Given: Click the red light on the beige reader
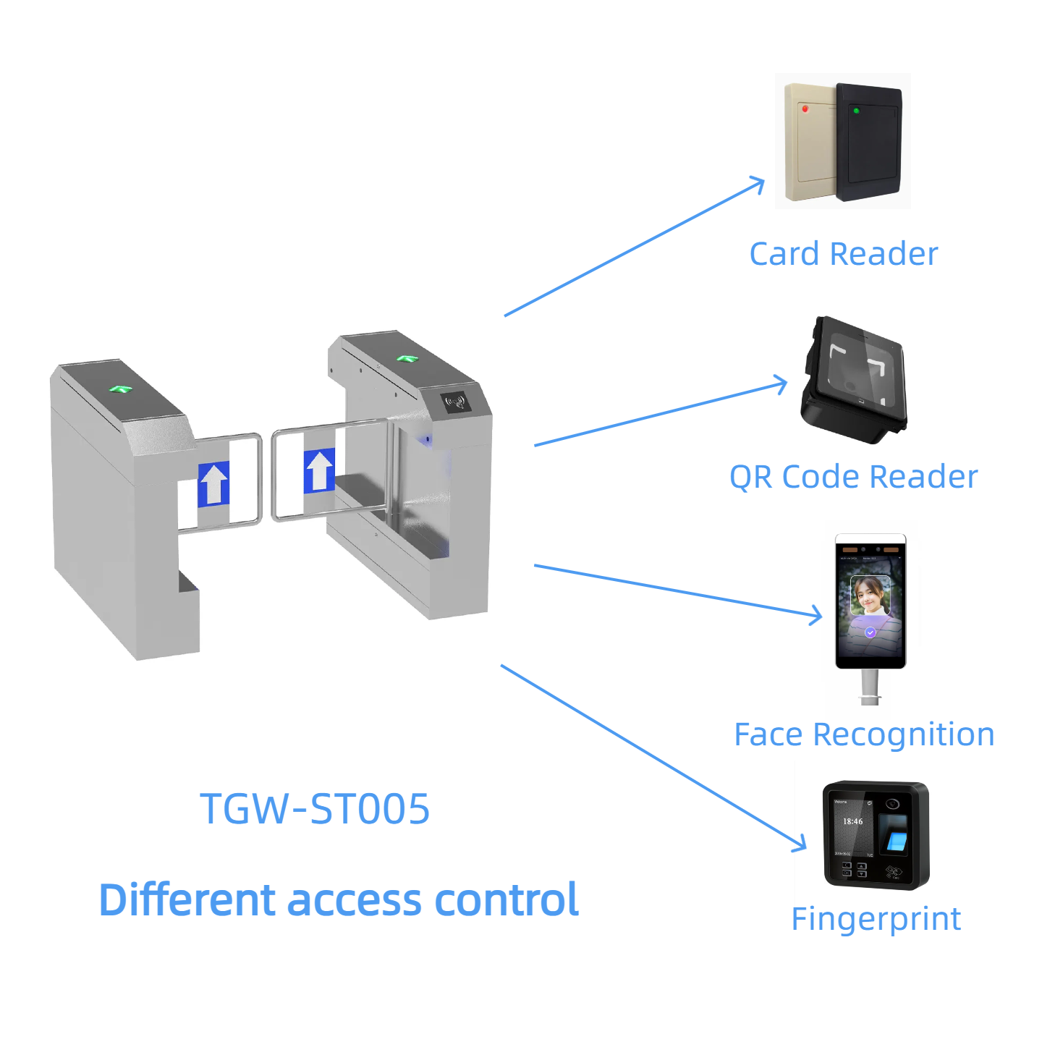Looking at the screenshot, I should point(805,109).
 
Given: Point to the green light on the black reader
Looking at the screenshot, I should point(856,111).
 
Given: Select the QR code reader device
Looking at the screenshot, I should point(855,379).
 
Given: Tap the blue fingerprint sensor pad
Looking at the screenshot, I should point(895,841).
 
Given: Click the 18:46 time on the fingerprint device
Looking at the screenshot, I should point(852,821).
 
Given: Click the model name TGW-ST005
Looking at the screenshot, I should point(315,809).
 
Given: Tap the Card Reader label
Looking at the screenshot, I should point(843,254).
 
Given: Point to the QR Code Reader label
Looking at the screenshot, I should point(853,477).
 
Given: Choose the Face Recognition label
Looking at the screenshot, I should point(864,734).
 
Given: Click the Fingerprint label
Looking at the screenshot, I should point(876,920).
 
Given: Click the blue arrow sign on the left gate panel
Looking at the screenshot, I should point(213,484).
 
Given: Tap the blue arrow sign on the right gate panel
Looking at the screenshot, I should point(319,470).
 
